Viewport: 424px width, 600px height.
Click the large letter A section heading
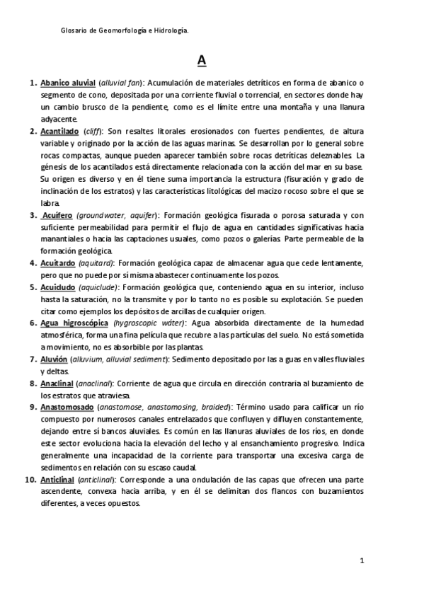202,61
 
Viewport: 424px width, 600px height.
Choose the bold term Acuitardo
59,263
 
